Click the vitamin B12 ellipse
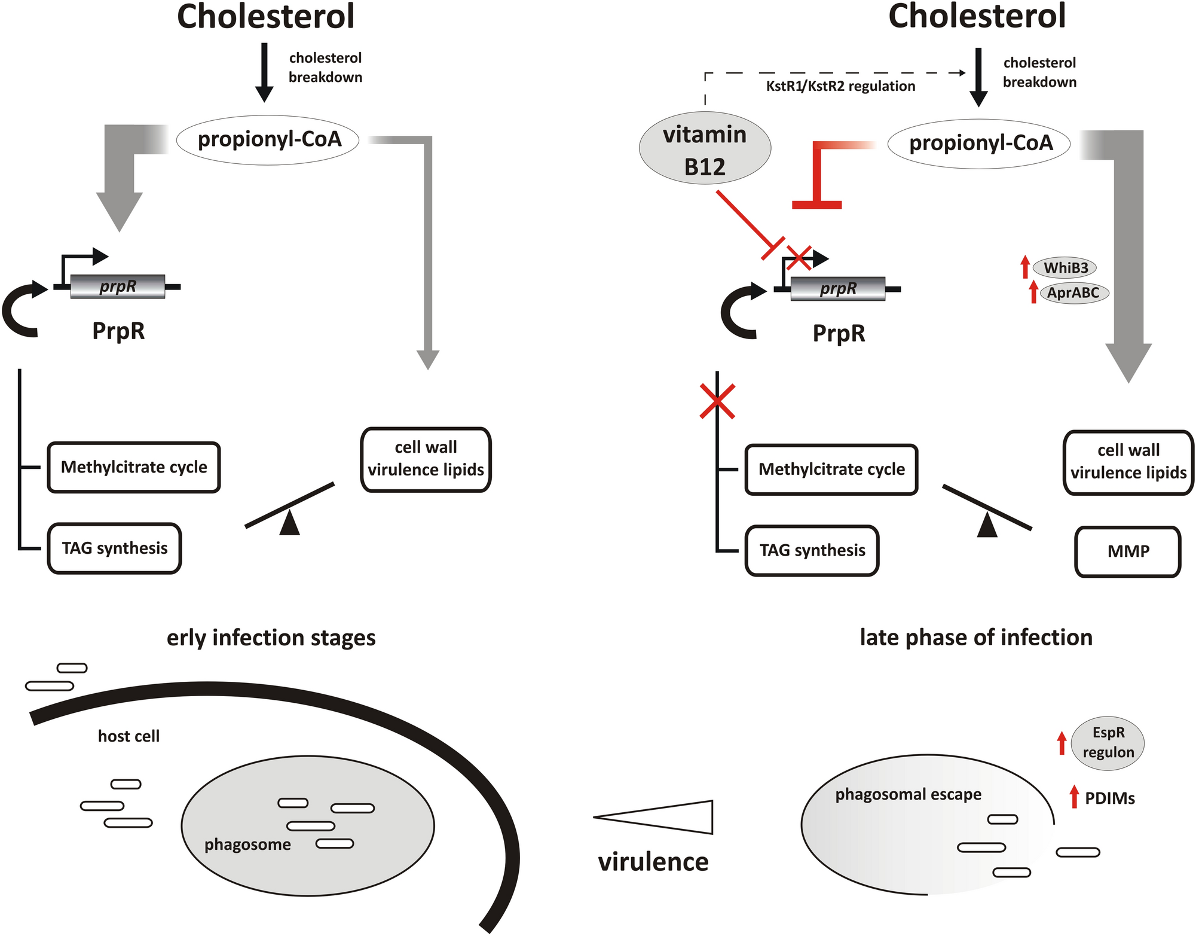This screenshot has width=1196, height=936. tap(705, 148)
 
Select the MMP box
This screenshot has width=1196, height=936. tap(1128, 551)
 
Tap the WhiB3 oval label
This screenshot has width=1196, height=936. tap(1066, 267)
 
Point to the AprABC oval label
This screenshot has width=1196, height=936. tap(1073, 292)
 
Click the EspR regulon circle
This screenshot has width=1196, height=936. tap(1108, 742)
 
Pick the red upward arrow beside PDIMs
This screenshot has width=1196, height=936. tap(1074, 797)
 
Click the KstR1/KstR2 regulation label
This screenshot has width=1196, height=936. tap(840, 86)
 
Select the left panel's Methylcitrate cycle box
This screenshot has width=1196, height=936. tap(134, 467)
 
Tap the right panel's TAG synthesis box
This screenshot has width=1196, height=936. tap(812, 551)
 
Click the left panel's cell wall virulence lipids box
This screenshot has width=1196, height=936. tap(426, 459)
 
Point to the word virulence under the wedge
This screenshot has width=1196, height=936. tap(653, 862)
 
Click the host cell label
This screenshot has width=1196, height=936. tap(129, 736)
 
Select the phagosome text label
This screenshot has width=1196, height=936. tap(247, 844)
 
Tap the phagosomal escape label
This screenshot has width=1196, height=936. tap(908, 794)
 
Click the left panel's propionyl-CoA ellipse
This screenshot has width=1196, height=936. tap(268, 139)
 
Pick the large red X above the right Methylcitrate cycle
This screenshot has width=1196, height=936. tap(717, 401)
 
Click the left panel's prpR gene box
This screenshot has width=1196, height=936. tap(118, 286)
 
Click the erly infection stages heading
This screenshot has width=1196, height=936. tap(271, 638)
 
